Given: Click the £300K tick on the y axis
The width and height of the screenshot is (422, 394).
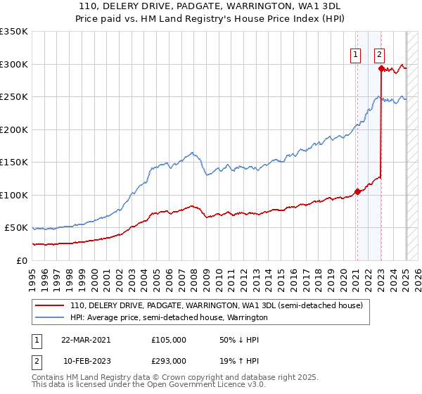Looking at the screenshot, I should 14,64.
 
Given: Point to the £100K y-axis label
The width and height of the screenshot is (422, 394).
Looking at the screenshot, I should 14,195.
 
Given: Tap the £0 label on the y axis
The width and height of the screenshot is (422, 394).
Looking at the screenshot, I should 22,260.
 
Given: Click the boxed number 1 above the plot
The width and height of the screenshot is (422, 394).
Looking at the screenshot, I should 355,54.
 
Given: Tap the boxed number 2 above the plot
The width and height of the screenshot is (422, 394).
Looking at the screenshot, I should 379,54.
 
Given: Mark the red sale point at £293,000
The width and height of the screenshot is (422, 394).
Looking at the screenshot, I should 381,68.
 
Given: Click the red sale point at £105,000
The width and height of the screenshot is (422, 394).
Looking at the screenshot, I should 357,191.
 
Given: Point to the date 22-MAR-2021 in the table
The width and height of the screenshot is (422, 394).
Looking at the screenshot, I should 86,339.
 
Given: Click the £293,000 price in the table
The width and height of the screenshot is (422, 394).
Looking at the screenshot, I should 169,360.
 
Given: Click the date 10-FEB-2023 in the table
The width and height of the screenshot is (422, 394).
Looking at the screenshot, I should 86,360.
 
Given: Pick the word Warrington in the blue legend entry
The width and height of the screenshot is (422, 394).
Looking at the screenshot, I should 245,317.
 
